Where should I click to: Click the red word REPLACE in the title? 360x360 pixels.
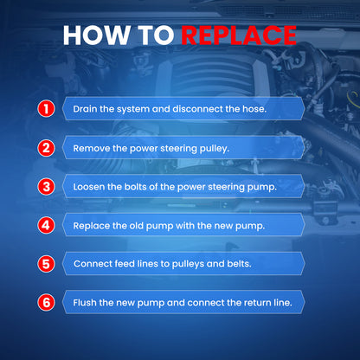pyautogui.click(x=239, y=35)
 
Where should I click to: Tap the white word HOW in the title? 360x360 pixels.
pyautogui.click(x=96, y=35)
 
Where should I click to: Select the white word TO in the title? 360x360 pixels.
pyautogui.click(x=156, y=35)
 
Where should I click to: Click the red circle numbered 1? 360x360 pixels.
pyautogui.click(x=46, y=109)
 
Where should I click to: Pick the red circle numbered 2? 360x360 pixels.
pyautogui.click(x=46, y=148)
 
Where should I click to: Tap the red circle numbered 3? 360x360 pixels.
pyautogui.click(x=46, y=187)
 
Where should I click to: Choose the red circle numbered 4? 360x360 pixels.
pyautogui.click(x=46, y=225)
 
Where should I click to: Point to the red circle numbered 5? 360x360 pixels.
pyautogui.click(x=46, y=264)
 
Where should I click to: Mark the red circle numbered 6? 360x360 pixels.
pyautogui.click(x=46, y=303)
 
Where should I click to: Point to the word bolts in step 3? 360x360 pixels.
pyautogui.click(x=135, y=187)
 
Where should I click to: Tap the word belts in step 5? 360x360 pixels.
pyautogui.click(x=240, y=264)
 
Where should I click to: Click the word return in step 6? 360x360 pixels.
pyautogui.click(x=254, y=303)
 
